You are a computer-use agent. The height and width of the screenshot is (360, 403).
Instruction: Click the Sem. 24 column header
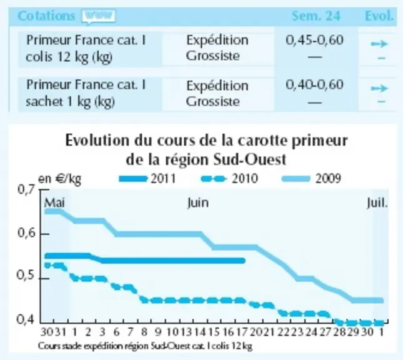click(x=316, y=16)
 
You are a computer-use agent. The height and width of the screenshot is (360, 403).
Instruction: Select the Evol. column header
click(x=379, y=16)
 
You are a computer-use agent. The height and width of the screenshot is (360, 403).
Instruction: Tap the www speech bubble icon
click(x=99, y=16)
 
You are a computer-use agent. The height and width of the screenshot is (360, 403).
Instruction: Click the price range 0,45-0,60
click(x=314, y=40)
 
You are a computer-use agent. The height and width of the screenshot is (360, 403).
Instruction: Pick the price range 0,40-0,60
click(x=314, y=84)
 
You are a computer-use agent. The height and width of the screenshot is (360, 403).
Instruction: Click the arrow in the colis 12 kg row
click(x=379, y=44)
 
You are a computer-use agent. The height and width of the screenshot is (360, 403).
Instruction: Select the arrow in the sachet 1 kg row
click(x=379, y=89)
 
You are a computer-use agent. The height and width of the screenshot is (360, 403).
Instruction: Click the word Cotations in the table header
click(x=46, y=16)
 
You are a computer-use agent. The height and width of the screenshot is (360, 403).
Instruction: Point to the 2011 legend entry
click(x=147, y=179)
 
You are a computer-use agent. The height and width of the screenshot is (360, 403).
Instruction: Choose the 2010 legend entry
click(x=229, y=179)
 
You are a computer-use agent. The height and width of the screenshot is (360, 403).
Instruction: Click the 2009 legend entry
click(x=312, y=179)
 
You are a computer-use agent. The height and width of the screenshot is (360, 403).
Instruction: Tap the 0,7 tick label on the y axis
click(x=26, y=189)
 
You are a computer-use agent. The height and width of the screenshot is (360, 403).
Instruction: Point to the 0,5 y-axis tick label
click(x=25, y=276)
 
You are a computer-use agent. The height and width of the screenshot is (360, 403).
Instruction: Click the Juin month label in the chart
click(x=197, y=203)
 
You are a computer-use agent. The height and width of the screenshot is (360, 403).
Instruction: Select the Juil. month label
click(x=377, y=203)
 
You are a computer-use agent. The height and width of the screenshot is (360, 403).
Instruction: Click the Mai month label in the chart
click(x=54, y=203)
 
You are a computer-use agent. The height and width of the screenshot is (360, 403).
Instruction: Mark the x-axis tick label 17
click(x=242, y=332)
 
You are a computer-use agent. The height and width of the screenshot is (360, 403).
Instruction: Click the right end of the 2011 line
click(x=244, y=261)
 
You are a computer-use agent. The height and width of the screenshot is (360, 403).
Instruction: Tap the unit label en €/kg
click(x=59, y=179)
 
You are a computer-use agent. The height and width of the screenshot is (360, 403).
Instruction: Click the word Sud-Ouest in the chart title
click(x=250, y=159)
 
